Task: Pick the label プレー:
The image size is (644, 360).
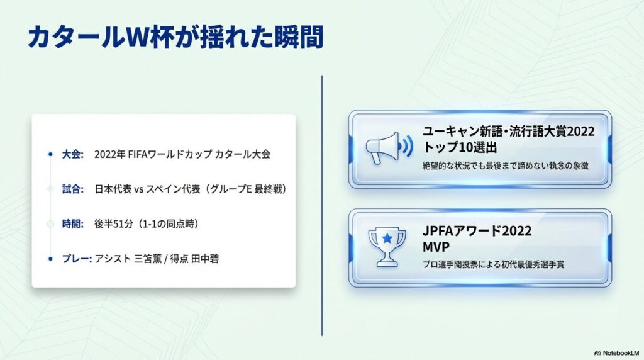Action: coord(77,258)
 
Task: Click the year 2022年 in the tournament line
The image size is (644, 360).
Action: coord(109,154)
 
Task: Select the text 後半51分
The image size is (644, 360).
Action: coord(115,223)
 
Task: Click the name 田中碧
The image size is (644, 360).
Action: coord(206,258)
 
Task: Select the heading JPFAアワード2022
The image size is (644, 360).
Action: coord(477,230)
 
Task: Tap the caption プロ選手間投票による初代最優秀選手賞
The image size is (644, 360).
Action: coord(494,264)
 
